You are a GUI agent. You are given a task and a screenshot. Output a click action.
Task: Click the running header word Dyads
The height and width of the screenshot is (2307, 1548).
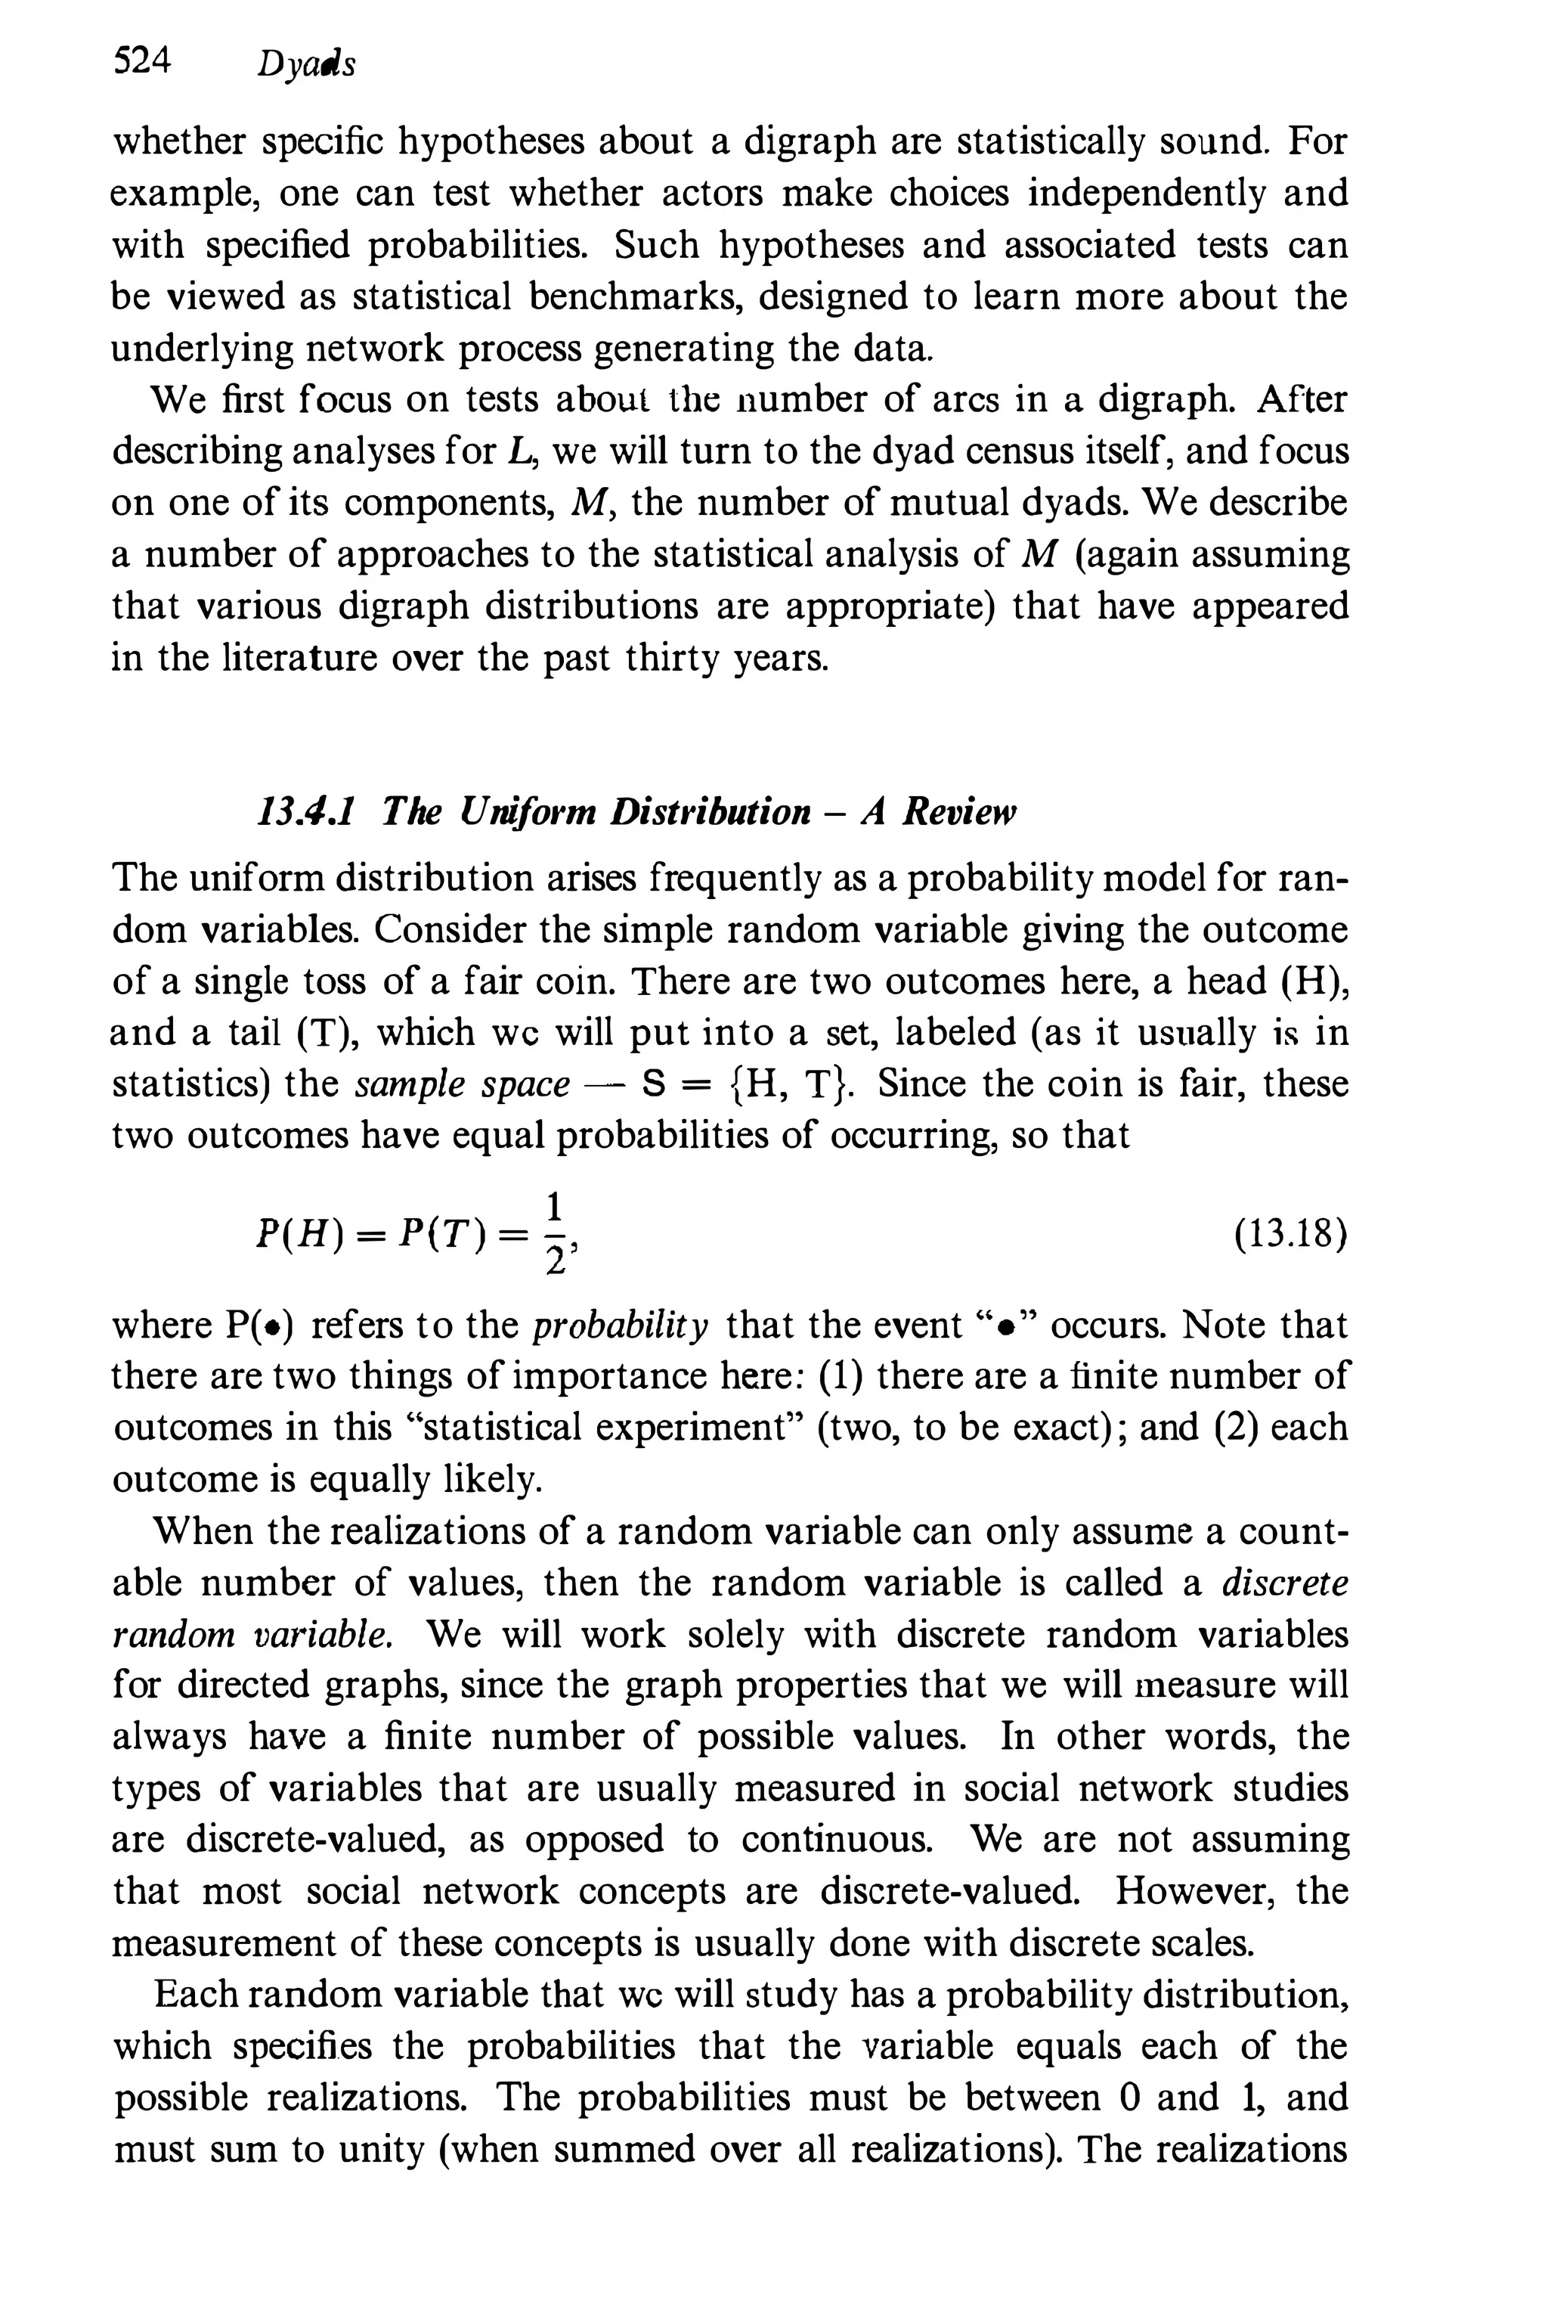305,64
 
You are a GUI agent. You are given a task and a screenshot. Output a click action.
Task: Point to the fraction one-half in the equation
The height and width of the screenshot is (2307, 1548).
555,1235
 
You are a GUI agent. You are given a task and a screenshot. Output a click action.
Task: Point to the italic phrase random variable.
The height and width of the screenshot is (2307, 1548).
254,1635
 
